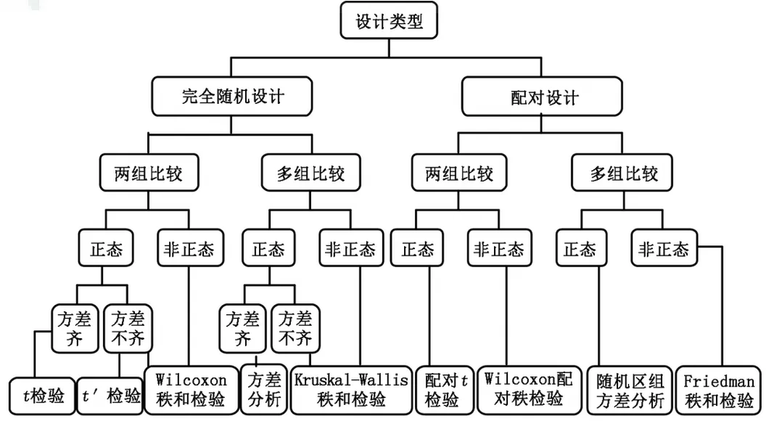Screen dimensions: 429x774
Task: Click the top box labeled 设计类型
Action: (389, 21)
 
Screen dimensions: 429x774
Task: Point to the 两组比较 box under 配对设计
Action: (459, 173)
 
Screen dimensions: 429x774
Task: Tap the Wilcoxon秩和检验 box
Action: (191, 389)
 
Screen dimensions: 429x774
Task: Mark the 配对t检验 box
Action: (441, 389)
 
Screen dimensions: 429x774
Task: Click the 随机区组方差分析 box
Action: (630, 389)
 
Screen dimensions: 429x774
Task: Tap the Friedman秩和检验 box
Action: (718, 389)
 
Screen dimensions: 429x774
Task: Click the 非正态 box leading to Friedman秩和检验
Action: (663, 249)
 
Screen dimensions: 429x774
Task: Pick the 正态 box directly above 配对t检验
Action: (417, 249)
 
